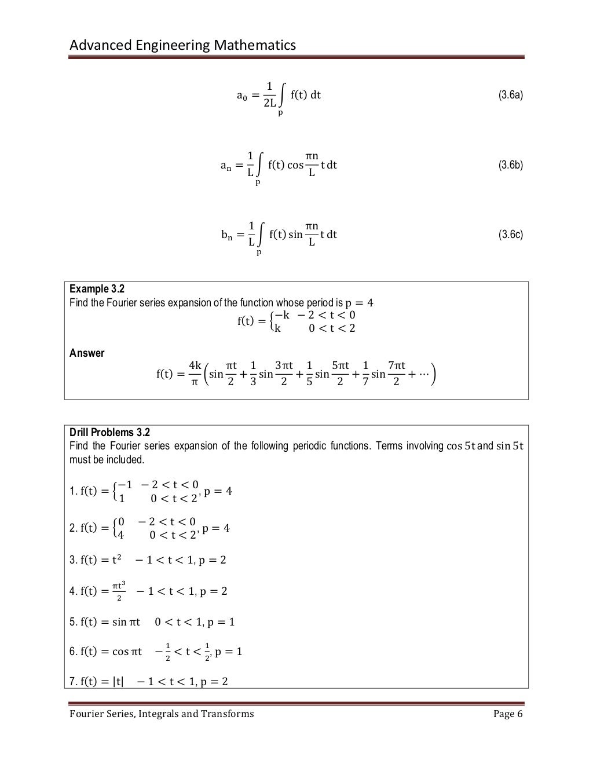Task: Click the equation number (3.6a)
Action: (511, 95)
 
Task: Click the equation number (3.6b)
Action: (511, 165)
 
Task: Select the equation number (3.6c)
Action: (511, 235)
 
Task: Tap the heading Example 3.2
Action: (97, 289)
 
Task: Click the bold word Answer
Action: (87, 353)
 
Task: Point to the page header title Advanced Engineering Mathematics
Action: (182, 45)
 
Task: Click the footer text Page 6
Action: (508, 714)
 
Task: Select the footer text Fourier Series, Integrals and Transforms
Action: (162, 714)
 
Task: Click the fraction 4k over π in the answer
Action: (195, 374)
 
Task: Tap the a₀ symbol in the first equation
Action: (242, 96)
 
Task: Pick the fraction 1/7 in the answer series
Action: (365, 374)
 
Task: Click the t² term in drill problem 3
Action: (120, 559)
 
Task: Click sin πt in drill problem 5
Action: (126, 622)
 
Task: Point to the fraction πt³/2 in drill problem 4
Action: (118, 591)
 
